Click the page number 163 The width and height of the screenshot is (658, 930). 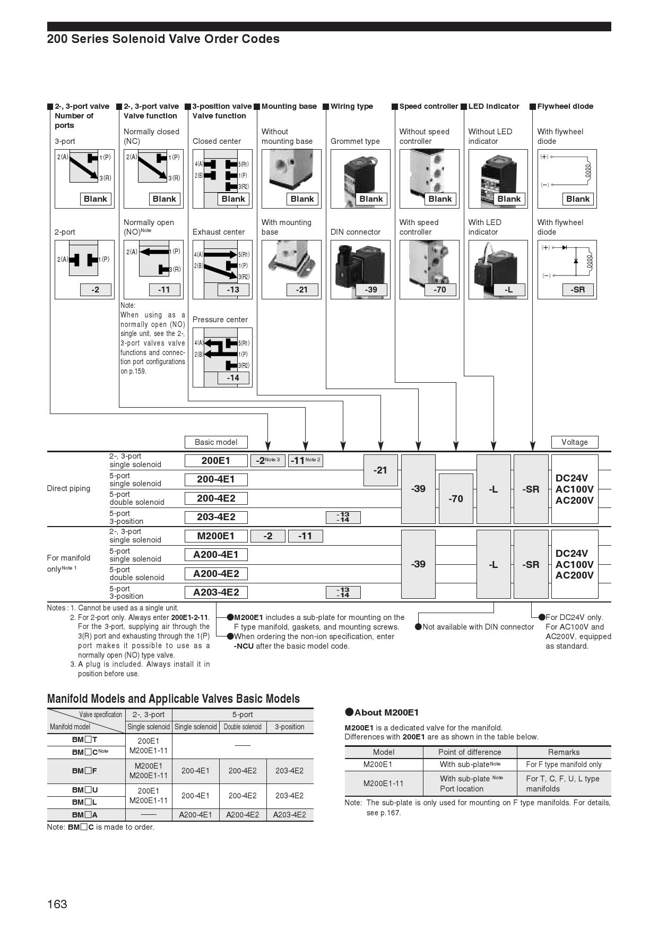point(57,904)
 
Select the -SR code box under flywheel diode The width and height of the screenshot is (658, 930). point(577,290)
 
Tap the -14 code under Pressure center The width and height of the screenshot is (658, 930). point(233,378)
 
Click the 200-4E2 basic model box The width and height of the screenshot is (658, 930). point(215,498)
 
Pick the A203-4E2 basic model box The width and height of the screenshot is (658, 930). point(215,592)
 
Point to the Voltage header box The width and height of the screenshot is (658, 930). point(574,442)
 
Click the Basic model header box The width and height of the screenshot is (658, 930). point(215,442)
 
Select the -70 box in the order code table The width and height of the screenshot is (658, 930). point(456,498)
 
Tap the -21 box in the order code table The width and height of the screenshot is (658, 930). point(380,470)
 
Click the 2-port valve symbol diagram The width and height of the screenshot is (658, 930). point(84,260)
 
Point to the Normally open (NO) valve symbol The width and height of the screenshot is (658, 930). point(154,260)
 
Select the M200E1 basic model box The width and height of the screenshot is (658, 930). point(215,536)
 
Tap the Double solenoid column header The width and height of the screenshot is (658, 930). point(243,727)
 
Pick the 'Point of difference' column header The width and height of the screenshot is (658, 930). point(470,752)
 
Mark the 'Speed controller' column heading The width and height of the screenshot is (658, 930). point(428,106)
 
